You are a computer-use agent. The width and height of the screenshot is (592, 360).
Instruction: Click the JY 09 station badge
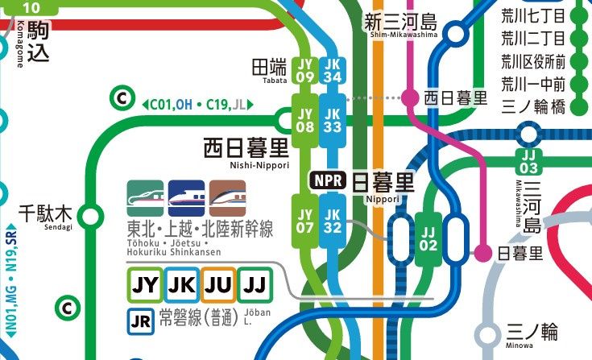tap(304, 70)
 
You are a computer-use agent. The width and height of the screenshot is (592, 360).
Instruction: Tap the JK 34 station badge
tap(331, 70)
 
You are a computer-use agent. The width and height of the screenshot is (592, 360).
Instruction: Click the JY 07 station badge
tap(304, 221)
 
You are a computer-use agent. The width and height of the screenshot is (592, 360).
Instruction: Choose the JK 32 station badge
tap(331, 221)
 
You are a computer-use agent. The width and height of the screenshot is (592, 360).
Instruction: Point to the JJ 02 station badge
tap(428, 239)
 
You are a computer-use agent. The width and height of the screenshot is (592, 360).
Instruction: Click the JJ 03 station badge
tap(528, 161)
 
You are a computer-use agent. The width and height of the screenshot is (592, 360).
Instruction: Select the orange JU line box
tap(218, 283)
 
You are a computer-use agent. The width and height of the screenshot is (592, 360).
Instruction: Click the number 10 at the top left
tap(30, 8)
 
